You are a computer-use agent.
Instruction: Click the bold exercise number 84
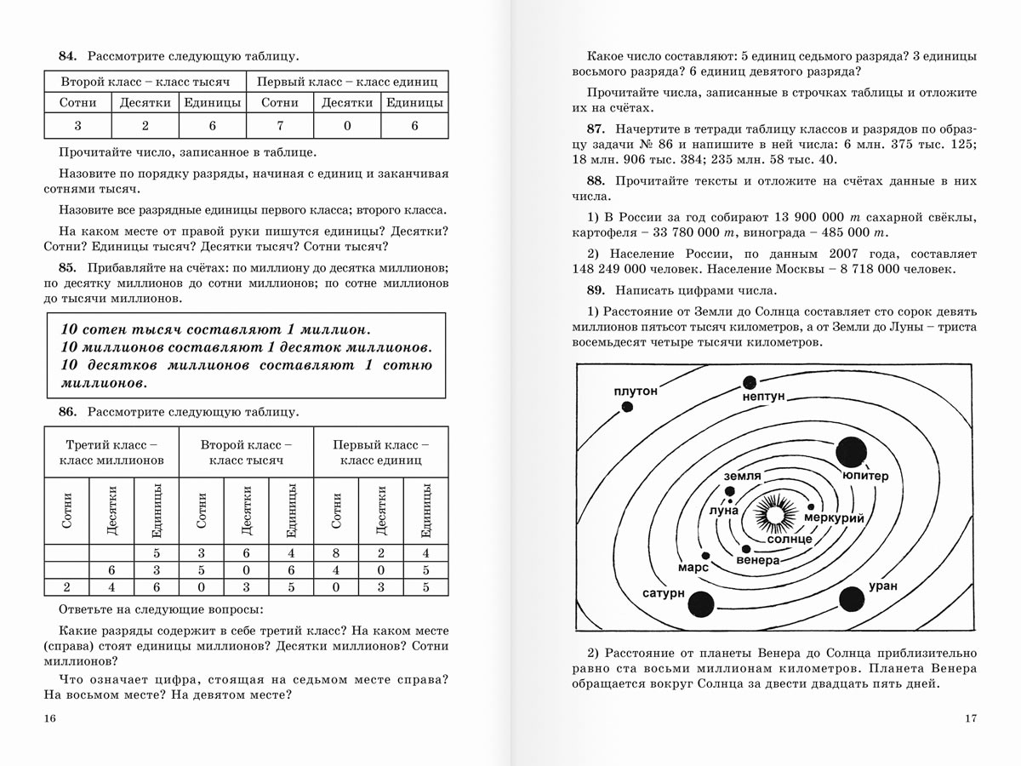67,56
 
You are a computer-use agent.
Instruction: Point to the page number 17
971,719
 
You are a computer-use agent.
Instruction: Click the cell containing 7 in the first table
280,126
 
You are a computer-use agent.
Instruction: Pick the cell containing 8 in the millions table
336,553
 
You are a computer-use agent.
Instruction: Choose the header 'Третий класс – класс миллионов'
111,452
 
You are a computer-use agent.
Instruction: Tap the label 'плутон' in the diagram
636,391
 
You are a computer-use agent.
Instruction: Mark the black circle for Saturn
701,603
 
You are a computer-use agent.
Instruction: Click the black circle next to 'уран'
851,599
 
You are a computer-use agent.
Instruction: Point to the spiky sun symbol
773,513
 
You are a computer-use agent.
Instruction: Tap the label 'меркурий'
834,518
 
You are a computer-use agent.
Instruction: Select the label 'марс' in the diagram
693,567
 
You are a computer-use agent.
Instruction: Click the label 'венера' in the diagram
758,562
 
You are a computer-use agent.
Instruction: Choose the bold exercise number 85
67,266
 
